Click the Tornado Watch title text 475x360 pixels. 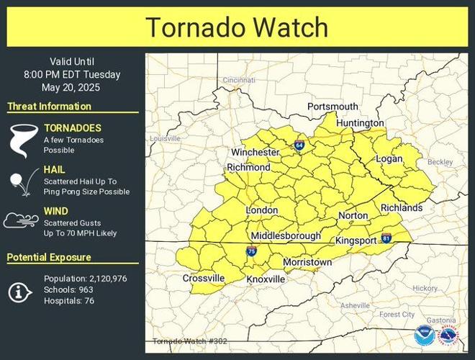[237, 27]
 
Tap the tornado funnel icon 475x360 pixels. [21, 139]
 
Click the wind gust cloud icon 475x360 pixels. [21, 220]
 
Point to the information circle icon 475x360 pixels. [19, 291]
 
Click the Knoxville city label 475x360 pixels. [266, 279]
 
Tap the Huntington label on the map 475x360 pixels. [360, 123]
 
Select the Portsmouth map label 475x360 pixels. [332, 107]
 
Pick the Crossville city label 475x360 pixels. [203, 278]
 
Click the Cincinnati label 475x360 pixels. [240, 79]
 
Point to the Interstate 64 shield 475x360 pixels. [299, 145]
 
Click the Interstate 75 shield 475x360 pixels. [251, 251]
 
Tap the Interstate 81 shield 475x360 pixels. [386, 238]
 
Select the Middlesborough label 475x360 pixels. [286, 236]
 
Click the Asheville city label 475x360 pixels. [354, 305]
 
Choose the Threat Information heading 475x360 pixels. [49, 107]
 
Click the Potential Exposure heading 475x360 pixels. [49, 257]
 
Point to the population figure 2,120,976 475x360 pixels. [107, 278]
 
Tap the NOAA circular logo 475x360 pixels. [424, 336]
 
